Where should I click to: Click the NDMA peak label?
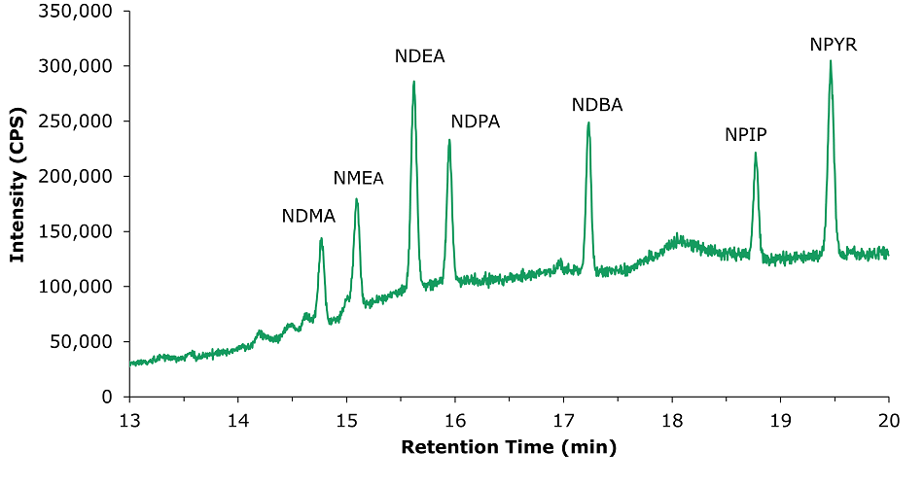click(x=308, y=217)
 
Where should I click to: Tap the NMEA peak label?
click(x=358, y=179)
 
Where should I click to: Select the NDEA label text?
click(x=419, y=56)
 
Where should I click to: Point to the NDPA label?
click(x=475, y=122)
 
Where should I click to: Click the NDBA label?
click(x=596, y=105)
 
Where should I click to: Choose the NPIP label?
click(x=746, y=135)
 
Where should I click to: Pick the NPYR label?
click(x=834, y=45)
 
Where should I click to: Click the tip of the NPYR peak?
click(x=831, y=61)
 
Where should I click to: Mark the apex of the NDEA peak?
click(x=413, y=82)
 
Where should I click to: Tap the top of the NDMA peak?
click(x=321, y=238)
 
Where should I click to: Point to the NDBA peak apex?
click(x=588, y=122)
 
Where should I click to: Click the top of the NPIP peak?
click(x=755, y=153)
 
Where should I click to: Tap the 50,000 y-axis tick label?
click(x=83, y=342)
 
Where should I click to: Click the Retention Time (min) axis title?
click(x=509, y=448)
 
